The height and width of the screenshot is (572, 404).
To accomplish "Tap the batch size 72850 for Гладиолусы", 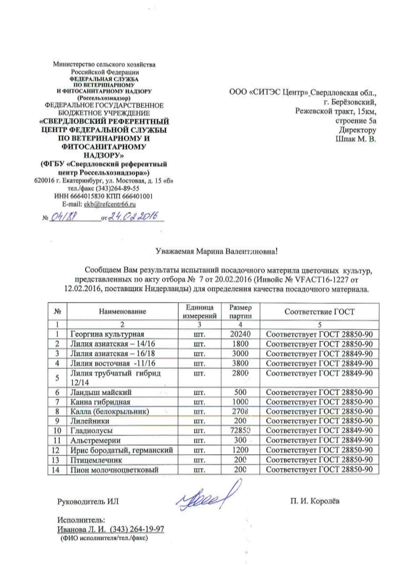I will click(x=240, y=431).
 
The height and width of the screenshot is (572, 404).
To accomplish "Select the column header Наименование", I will click(x=122, y=311).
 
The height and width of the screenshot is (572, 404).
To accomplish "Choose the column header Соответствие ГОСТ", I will click(x=320, y=311).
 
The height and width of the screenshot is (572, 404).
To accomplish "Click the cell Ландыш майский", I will click(x=101, y=393).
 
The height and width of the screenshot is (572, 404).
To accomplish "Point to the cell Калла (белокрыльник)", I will click(x=110, y=412).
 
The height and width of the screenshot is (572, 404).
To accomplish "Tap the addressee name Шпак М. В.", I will click(x=356, y=139).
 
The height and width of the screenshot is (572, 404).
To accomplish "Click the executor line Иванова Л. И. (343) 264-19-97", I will click(x=111, y=529).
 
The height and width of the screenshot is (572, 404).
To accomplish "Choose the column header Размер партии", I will click(x=240, y=311).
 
